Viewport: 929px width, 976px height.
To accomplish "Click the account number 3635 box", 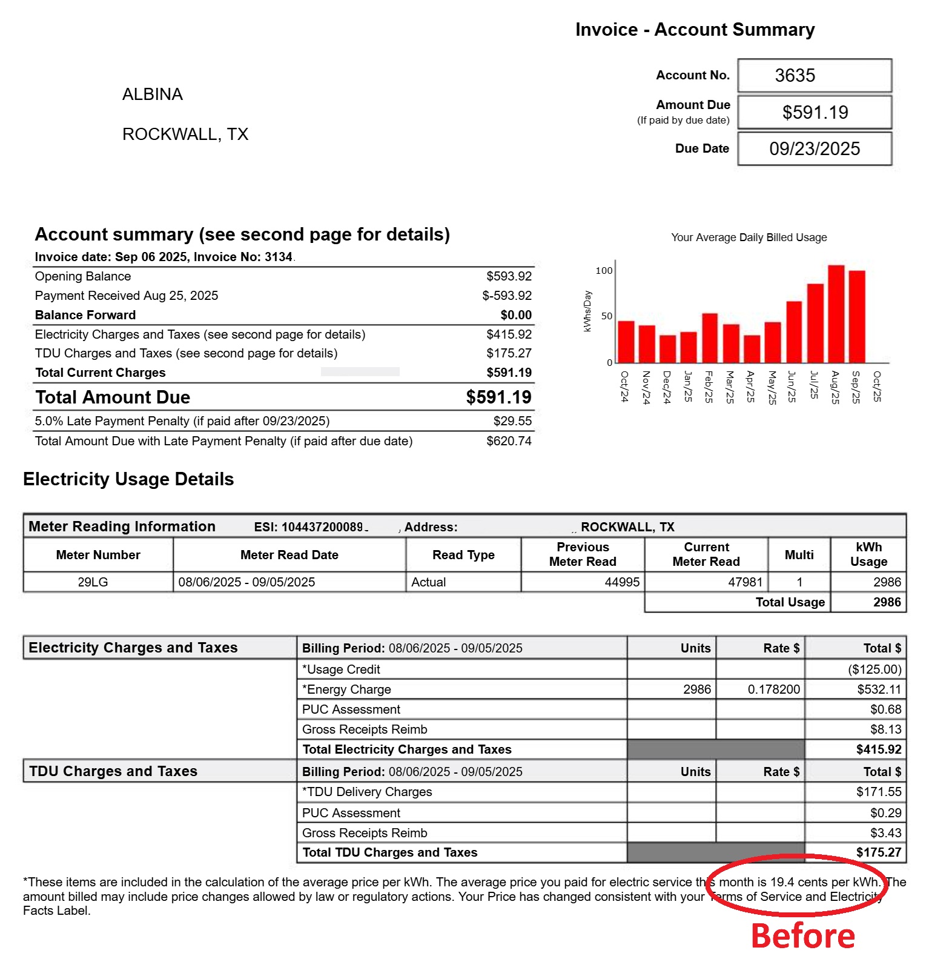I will (x=814, y=76).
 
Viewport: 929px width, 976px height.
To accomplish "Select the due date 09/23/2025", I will (x=814, y=149).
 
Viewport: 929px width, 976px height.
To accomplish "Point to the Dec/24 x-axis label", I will (x=667, y=387).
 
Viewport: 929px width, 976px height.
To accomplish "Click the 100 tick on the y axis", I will (x=604, y=271).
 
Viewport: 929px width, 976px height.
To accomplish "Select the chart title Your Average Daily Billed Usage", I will (x=749, y=237).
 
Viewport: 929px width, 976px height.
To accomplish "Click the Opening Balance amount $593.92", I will (x=509, y=276).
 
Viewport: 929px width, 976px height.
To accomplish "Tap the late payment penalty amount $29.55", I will (x=512, y=421).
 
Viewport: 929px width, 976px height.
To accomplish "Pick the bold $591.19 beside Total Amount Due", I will (x=498, y=397).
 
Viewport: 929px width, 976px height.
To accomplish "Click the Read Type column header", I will (x=463, y=555).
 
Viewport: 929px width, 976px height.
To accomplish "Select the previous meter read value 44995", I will (x=622, y=582).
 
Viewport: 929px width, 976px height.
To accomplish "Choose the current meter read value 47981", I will (x=745, y=582).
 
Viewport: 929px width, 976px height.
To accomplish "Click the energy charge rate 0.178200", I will (x=773, y=689).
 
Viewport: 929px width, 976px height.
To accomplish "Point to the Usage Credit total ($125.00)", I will (x=874, y=669).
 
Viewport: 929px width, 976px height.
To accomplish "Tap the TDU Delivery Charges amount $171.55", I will (x=879, y=792).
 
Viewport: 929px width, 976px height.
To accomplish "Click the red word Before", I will (x=803, y=936).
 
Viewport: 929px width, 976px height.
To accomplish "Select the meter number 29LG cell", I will (x=93, y=582).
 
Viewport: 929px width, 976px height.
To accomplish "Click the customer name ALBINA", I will (x=153, y=95).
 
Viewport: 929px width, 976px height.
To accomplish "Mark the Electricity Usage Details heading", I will (x=128, y=479).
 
